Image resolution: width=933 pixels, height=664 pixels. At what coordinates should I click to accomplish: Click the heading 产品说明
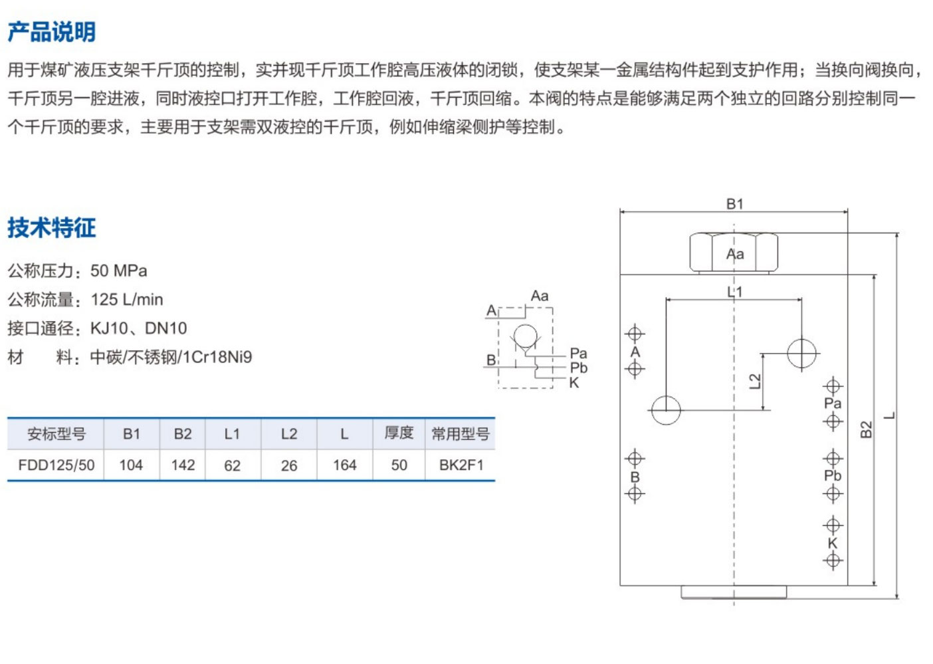[52, 31]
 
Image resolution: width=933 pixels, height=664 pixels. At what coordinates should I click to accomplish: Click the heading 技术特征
[52, 227]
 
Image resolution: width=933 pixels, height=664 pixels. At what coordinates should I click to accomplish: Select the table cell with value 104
[131, 465]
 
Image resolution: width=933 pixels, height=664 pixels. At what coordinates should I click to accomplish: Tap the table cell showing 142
[183, 465]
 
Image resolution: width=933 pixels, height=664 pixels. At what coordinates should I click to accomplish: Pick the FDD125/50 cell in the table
[56, 465]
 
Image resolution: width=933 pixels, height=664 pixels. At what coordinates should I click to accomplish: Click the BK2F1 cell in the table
[461, 465]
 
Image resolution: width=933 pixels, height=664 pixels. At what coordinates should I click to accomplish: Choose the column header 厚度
[399, 433]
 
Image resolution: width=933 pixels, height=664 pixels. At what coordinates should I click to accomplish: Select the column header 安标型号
[56, 434]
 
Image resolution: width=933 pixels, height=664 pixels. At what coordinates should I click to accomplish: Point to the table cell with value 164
[344, 465]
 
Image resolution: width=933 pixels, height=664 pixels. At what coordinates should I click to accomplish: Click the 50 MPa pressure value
[119, 271]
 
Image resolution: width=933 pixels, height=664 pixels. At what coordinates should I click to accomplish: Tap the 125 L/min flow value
[127, 299]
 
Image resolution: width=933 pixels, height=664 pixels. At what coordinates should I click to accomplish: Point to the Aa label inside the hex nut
[735, 254]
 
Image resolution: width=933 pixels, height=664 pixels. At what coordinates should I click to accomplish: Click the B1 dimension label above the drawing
[734, 204]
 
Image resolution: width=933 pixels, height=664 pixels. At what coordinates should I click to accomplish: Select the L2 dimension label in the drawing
[754, 381]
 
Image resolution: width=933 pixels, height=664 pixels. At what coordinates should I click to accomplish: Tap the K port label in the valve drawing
[833, 543]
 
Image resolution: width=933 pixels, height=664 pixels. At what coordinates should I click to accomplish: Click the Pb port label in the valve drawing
[833, 476]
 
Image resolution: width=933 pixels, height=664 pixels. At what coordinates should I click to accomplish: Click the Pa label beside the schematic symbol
[578, 353]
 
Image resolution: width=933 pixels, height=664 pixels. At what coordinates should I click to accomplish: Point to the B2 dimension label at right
[866, 430]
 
